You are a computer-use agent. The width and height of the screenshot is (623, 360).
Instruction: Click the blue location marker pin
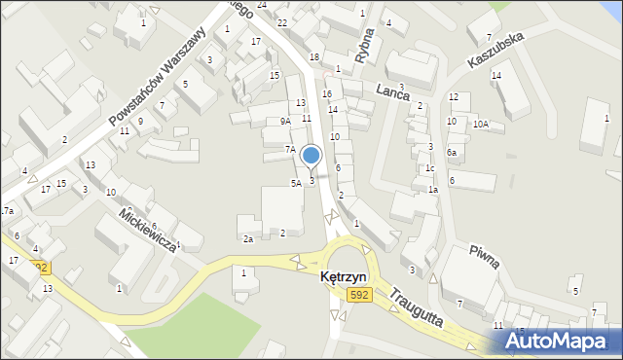(311, 156)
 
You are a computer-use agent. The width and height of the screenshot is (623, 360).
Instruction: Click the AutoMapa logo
(564, 342)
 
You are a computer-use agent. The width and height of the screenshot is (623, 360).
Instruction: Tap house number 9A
(284, 122)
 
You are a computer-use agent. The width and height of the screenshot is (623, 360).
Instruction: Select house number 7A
(289, 149)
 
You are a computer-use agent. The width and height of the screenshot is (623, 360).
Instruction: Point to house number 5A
(295, 183)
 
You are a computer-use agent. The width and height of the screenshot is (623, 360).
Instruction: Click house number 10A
(481, 124)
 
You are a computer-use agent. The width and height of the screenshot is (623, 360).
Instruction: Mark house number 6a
(452, 153)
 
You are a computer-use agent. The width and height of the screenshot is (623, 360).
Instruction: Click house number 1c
(429, 168)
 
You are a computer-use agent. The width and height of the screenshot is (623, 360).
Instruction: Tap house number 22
(281, 21)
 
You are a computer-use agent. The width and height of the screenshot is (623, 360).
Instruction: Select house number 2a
(248, 239)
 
